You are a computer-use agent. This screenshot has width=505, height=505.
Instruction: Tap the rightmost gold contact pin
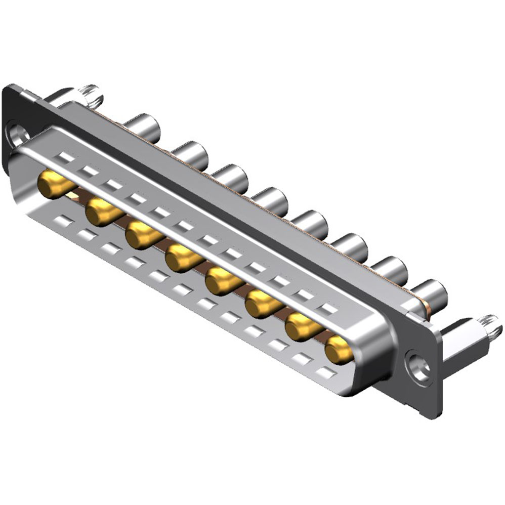coord(340,349)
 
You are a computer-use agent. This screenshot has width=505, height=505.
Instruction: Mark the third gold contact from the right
coord(262,304)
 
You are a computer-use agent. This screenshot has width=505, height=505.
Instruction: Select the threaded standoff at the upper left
coord(89,94)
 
